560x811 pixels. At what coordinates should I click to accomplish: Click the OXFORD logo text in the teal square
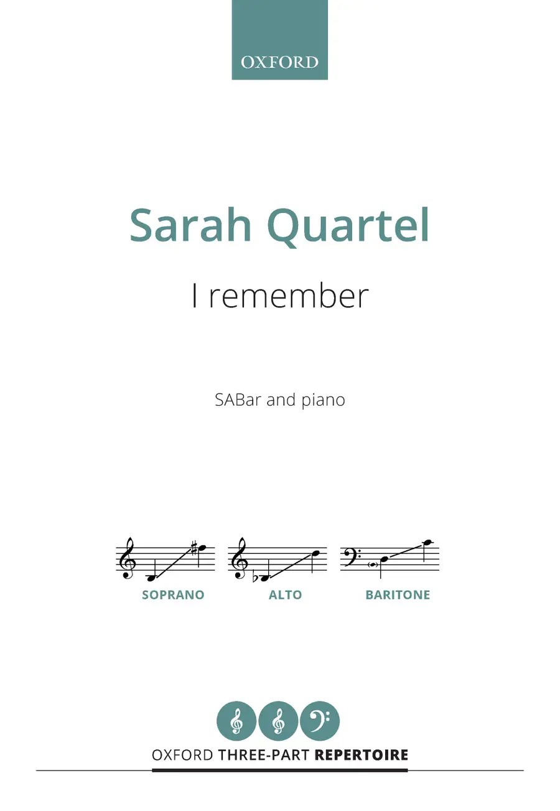(279, 63)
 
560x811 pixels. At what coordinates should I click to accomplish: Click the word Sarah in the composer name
(190, 225)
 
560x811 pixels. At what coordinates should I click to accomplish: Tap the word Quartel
(348, 228)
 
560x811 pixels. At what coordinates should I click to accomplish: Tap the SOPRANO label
(173, 595)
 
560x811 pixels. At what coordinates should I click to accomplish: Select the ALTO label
(285, 595)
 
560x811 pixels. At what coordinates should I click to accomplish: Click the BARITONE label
(398, 595)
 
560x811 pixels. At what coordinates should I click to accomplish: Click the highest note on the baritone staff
(428, 542)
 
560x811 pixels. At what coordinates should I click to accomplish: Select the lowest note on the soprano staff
(152, 578)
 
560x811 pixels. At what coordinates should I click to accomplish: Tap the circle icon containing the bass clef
(320, 721)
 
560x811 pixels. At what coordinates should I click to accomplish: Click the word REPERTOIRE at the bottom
(362, 755)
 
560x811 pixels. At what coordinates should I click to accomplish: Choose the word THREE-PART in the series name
(264, 755)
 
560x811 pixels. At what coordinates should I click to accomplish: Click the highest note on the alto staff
(315, 554)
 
